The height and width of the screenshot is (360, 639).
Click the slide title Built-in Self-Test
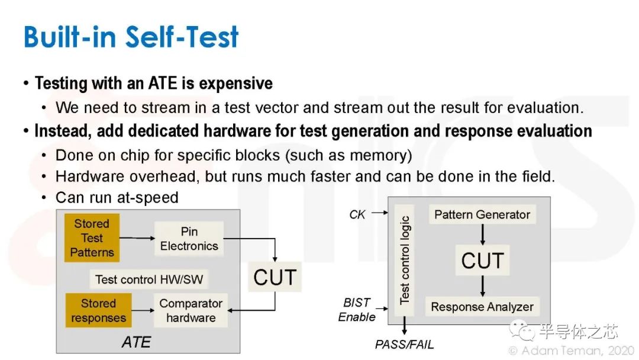coord(131,37)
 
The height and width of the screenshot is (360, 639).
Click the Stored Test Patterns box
coord(92,237)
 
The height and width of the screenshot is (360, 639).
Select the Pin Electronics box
coord(189,239)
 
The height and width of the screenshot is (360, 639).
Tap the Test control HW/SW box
coord(149,279)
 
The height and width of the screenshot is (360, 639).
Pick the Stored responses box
coord(98,310)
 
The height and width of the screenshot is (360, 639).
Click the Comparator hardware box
coord(191,310)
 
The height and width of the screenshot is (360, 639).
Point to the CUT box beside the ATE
coord(275,277)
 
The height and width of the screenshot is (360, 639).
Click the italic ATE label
coord(136,342)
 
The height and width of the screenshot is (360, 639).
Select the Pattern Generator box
coord(482,214)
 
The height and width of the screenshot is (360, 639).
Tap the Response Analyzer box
coord(482,307)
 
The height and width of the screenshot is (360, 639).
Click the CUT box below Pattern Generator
coord(483,261)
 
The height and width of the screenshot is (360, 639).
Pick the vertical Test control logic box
coord(404,260)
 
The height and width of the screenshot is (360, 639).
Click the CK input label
coord(357,214)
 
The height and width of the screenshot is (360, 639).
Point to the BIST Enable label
coord(357,310)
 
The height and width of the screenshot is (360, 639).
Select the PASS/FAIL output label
coord(404,345)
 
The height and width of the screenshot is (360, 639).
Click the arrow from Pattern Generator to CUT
coord(483,234)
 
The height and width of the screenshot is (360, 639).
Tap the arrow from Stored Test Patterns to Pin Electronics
coord(137,237)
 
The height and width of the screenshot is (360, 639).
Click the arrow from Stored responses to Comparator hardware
coord(143,310)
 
